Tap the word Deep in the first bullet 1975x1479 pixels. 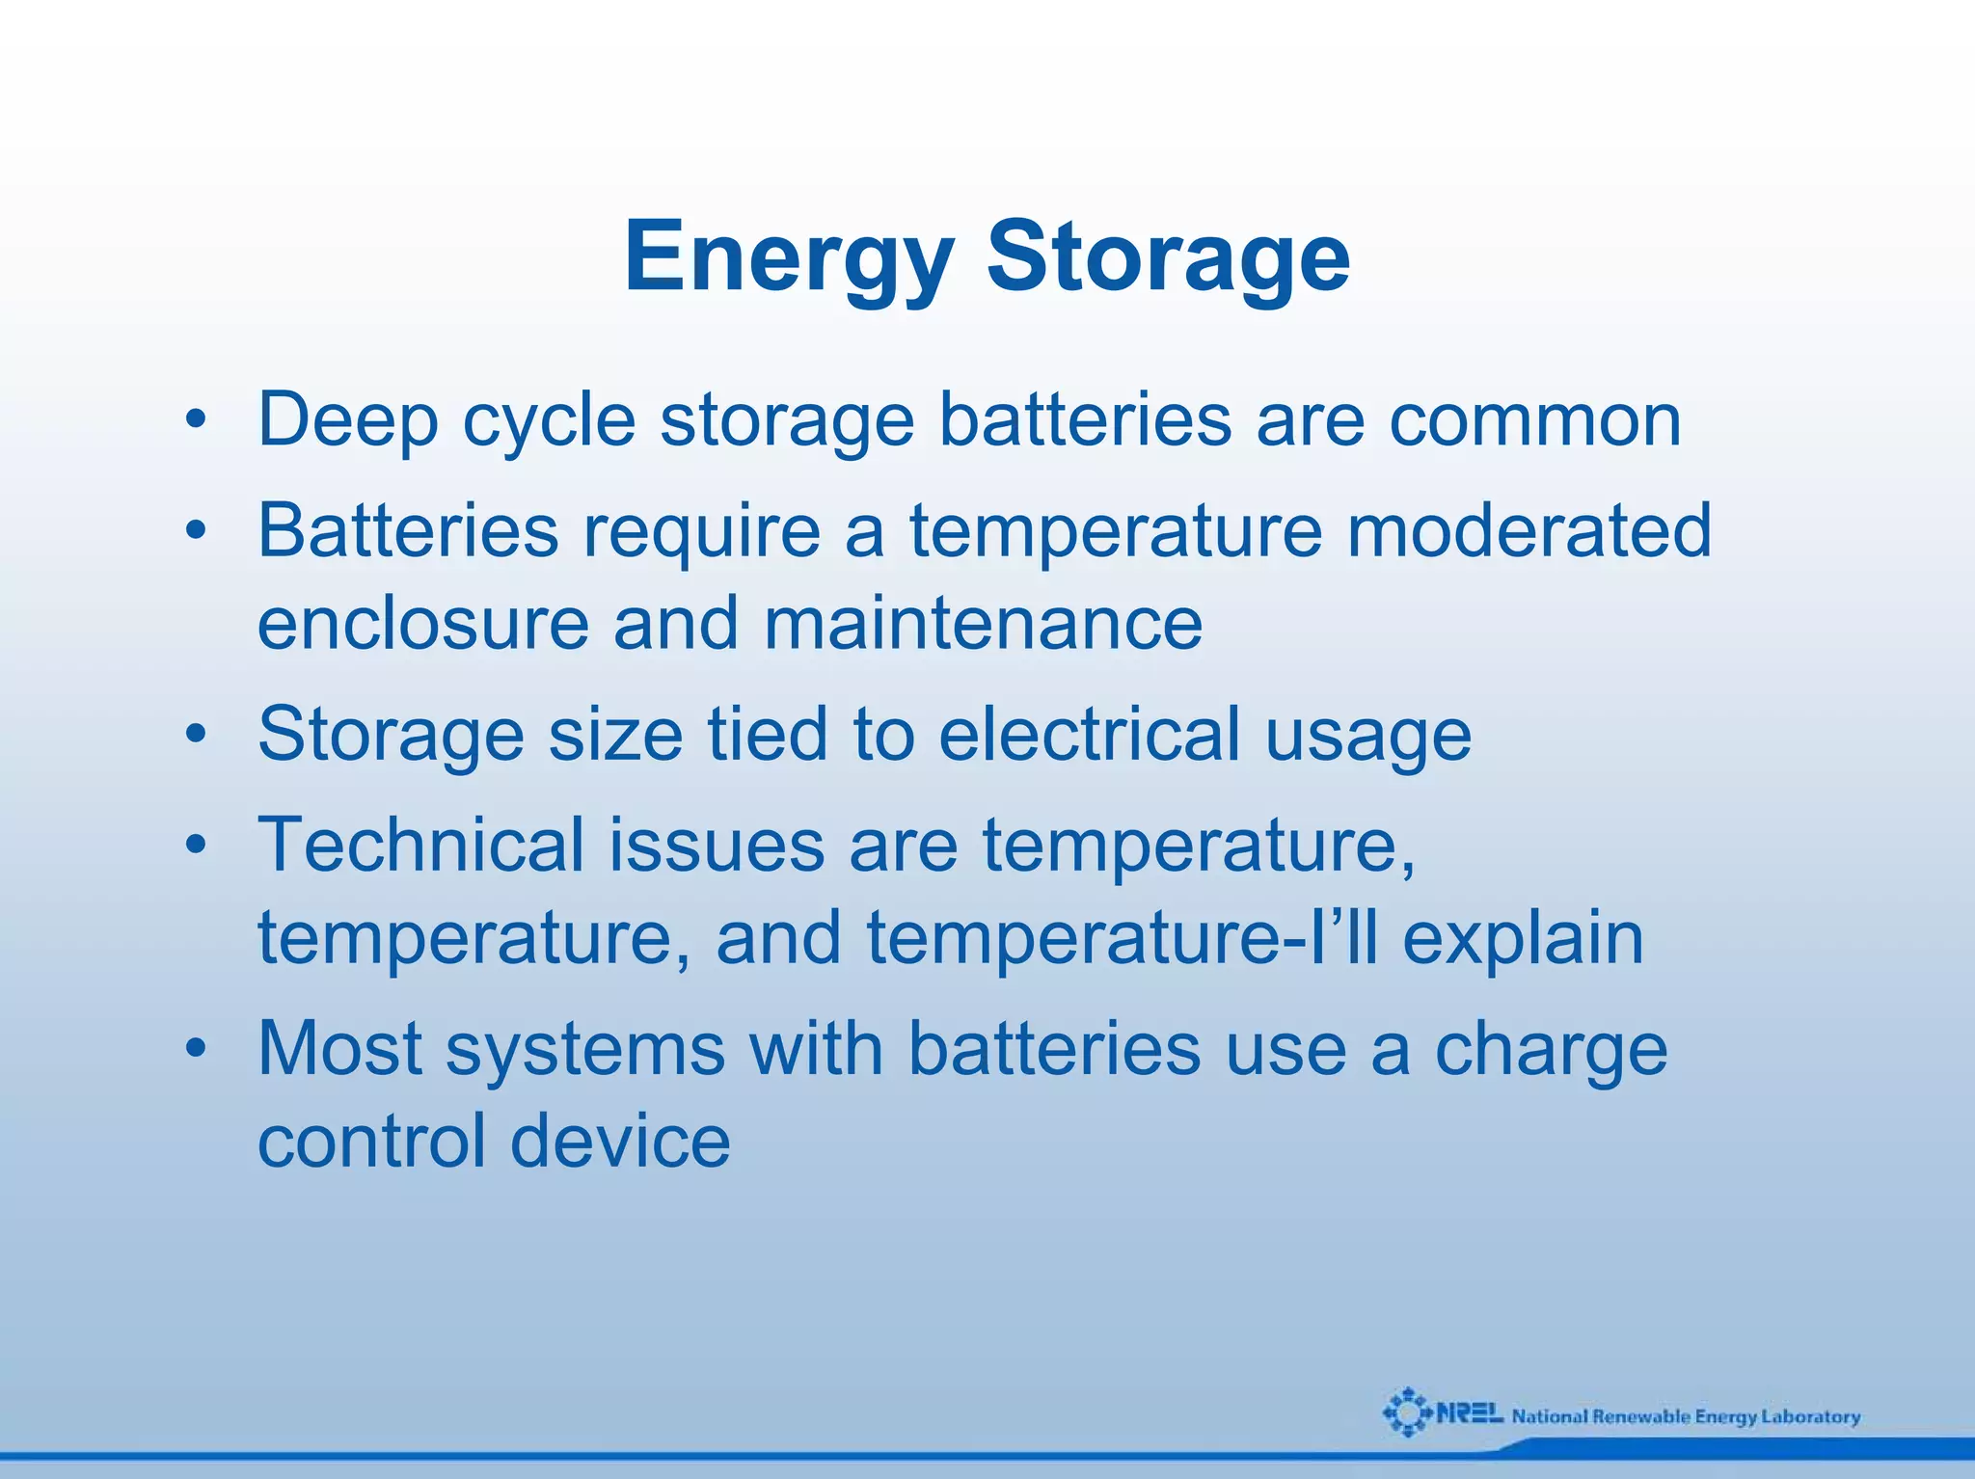coord(348,420)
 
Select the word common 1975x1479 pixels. coord(1535,420)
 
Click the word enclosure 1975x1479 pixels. coord(423,623)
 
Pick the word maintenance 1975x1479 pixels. coord(983,623)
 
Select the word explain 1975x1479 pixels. coord(1523,939)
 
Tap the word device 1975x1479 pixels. coord(620,1142)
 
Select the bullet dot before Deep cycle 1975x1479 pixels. coord(197,421)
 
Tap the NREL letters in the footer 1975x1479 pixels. coord(1470,1413)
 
